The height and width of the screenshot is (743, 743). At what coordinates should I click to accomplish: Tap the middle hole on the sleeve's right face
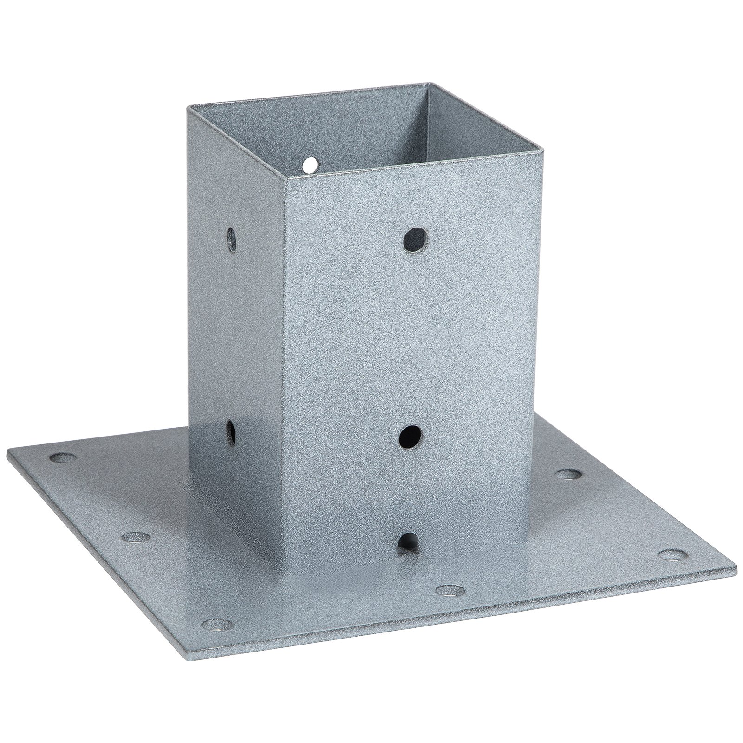[x=411, y=437]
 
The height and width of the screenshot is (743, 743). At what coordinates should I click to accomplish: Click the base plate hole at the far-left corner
[x=64, y=459]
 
